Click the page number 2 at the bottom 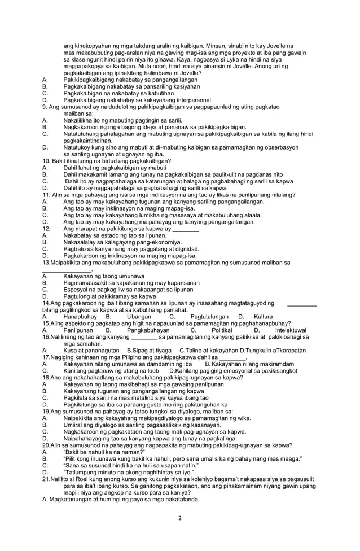click(x=179, y=518)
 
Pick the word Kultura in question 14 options click(x=264, y=317)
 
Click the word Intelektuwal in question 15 click(x=291, y=330)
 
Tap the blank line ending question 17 click(x=233, y=357)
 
